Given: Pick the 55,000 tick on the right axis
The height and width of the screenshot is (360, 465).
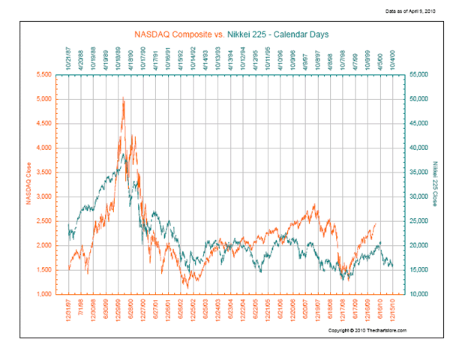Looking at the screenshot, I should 418,74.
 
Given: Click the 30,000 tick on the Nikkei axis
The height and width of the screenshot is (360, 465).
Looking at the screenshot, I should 418,196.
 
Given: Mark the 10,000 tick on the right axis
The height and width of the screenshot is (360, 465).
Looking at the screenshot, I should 418,294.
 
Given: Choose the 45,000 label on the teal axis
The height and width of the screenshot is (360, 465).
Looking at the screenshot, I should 418,123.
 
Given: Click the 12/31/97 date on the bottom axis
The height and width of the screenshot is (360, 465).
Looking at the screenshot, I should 68,312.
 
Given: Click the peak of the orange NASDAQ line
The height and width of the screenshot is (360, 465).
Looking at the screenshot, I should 122,97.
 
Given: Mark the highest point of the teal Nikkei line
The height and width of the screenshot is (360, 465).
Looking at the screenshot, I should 122,154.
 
